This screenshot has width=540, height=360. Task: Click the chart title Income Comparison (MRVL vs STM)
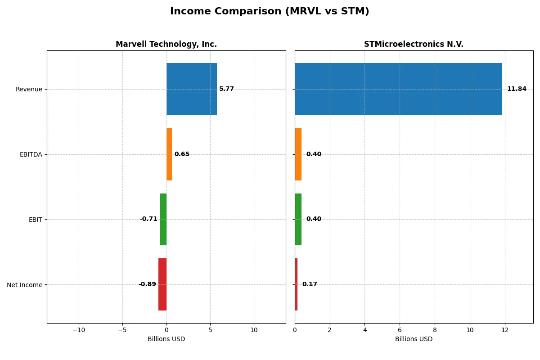click(x=270, y=11)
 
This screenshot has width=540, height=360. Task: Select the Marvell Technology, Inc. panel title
click(x=166, y=44)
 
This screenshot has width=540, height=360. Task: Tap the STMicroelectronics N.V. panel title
click(x=414, y=44)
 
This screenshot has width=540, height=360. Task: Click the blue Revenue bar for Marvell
click(x=192, y=89)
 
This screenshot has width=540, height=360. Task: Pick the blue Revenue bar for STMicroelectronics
click(x=398, y=89)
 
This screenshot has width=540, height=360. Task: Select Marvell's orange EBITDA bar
click(x=169, y=154)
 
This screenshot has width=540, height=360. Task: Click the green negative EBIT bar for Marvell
click(x=163, y=219)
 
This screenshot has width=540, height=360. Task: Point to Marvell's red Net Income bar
click(x=162, y=284)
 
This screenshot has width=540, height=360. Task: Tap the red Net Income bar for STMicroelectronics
click(x=296, y=284)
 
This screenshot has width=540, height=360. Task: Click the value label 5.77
click(x=226, y=89)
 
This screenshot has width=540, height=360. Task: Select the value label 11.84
click(x=516, y=89)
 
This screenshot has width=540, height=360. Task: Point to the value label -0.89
click(x=147, y=284)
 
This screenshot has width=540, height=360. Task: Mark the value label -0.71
click(x=148, y=219)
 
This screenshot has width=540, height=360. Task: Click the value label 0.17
click(x=310, y=284)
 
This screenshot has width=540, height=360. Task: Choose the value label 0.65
click(x=182, y=154)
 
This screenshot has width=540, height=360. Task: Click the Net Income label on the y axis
click(x=25, y=285)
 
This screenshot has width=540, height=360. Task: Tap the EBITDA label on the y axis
click(x=31, y=155)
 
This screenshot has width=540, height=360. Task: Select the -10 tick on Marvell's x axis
click(x=79, y=330)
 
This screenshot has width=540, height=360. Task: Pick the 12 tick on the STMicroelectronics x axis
click(x=505, y=330)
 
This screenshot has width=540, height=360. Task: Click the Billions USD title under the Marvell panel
click(x=166, y=339)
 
